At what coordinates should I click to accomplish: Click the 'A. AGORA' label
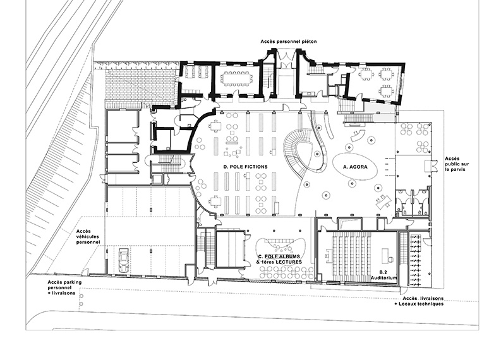(x=355, y=167)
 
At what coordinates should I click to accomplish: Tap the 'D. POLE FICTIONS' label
(x=245, y=167)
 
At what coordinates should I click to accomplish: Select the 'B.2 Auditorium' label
(x=383, y=275)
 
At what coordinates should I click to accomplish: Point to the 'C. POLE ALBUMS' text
(x=279, y=256)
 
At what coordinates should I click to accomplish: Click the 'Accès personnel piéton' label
(x=289, y=42)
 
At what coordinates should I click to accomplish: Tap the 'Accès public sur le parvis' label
(x=457, y=164)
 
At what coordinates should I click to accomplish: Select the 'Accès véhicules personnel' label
(x=88, y=237)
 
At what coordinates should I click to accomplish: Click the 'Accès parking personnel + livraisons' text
(x=64, y=287)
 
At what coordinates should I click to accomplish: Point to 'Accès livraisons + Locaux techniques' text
(x=423, y=301)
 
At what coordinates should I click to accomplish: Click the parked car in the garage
(x=124, y=260)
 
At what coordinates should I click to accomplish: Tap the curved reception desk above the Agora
(x=358, y=135)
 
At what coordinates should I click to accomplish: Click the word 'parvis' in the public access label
(x=457, y=169)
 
